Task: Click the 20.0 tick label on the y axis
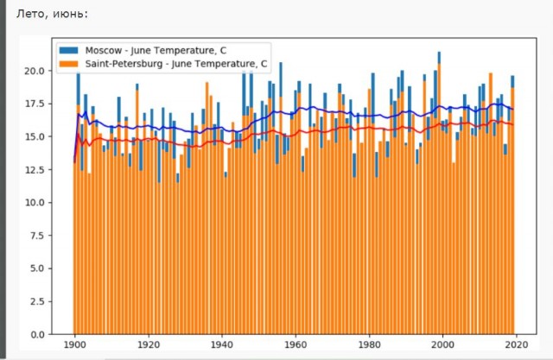click(35, 71)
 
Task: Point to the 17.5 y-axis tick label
click(35, 104)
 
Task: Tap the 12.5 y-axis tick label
click(35, 170)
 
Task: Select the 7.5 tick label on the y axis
click(37, 236)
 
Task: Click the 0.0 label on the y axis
click(37, 335)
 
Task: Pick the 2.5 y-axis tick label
click(37, 301)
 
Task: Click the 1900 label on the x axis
click(75, 344)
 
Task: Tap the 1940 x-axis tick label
click(222, 344)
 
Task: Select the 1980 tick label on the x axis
click(369, 344)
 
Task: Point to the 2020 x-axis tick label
click(517, 344)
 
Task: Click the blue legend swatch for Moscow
click(69, 50)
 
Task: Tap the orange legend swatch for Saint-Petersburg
click(69, 64)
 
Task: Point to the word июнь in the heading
click(70, 15)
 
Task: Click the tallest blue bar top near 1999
click(439, 53)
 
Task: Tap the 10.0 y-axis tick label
click(35, 203)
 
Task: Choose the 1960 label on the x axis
click(296, 344)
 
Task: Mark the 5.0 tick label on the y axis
click(37, 268)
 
